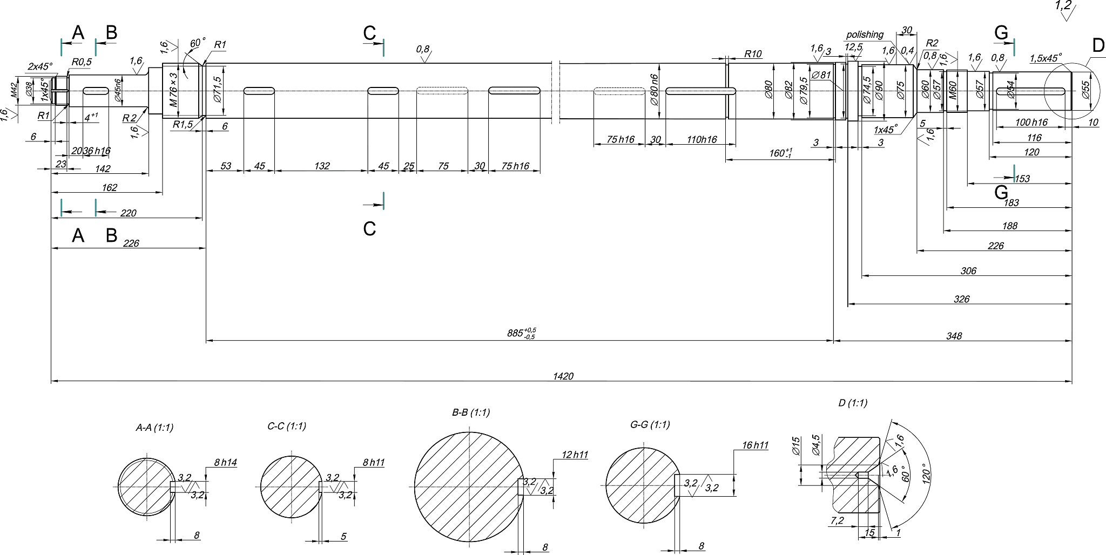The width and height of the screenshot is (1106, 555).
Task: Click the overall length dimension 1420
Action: click(x=563, y=376)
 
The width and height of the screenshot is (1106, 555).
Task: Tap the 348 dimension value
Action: click(x=954, y=336)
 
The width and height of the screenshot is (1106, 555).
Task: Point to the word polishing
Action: click(x=865, y=35)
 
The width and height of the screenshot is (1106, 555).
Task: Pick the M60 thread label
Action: click(x=953, y=90)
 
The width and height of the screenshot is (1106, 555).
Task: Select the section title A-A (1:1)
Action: click(x=154, y=428)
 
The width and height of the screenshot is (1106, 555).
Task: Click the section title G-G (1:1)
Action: click(x=650, y=425)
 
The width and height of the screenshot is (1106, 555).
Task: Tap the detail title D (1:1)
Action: click(x=853, y=403)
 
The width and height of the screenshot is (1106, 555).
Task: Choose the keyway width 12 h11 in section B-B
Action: click(x=575, y=455)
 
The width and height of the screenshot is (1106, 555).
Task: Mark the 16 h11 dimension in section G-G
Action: click(x=755, y=445)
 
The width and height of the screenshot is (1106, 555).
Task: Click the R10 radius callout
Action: click(x=752, y=54)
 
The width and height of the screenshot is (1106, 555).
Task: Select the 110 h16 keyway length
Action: click(x=702, y=140)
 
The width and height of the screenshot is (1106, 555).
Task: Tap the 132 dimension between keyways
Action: click(x=322, y=166)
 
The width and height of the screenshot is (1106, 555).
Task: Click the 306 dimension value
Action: click(x=968, y=271)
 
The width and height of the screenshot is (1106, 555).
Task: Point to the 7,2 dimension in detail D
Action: click(x=837, y=521)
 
